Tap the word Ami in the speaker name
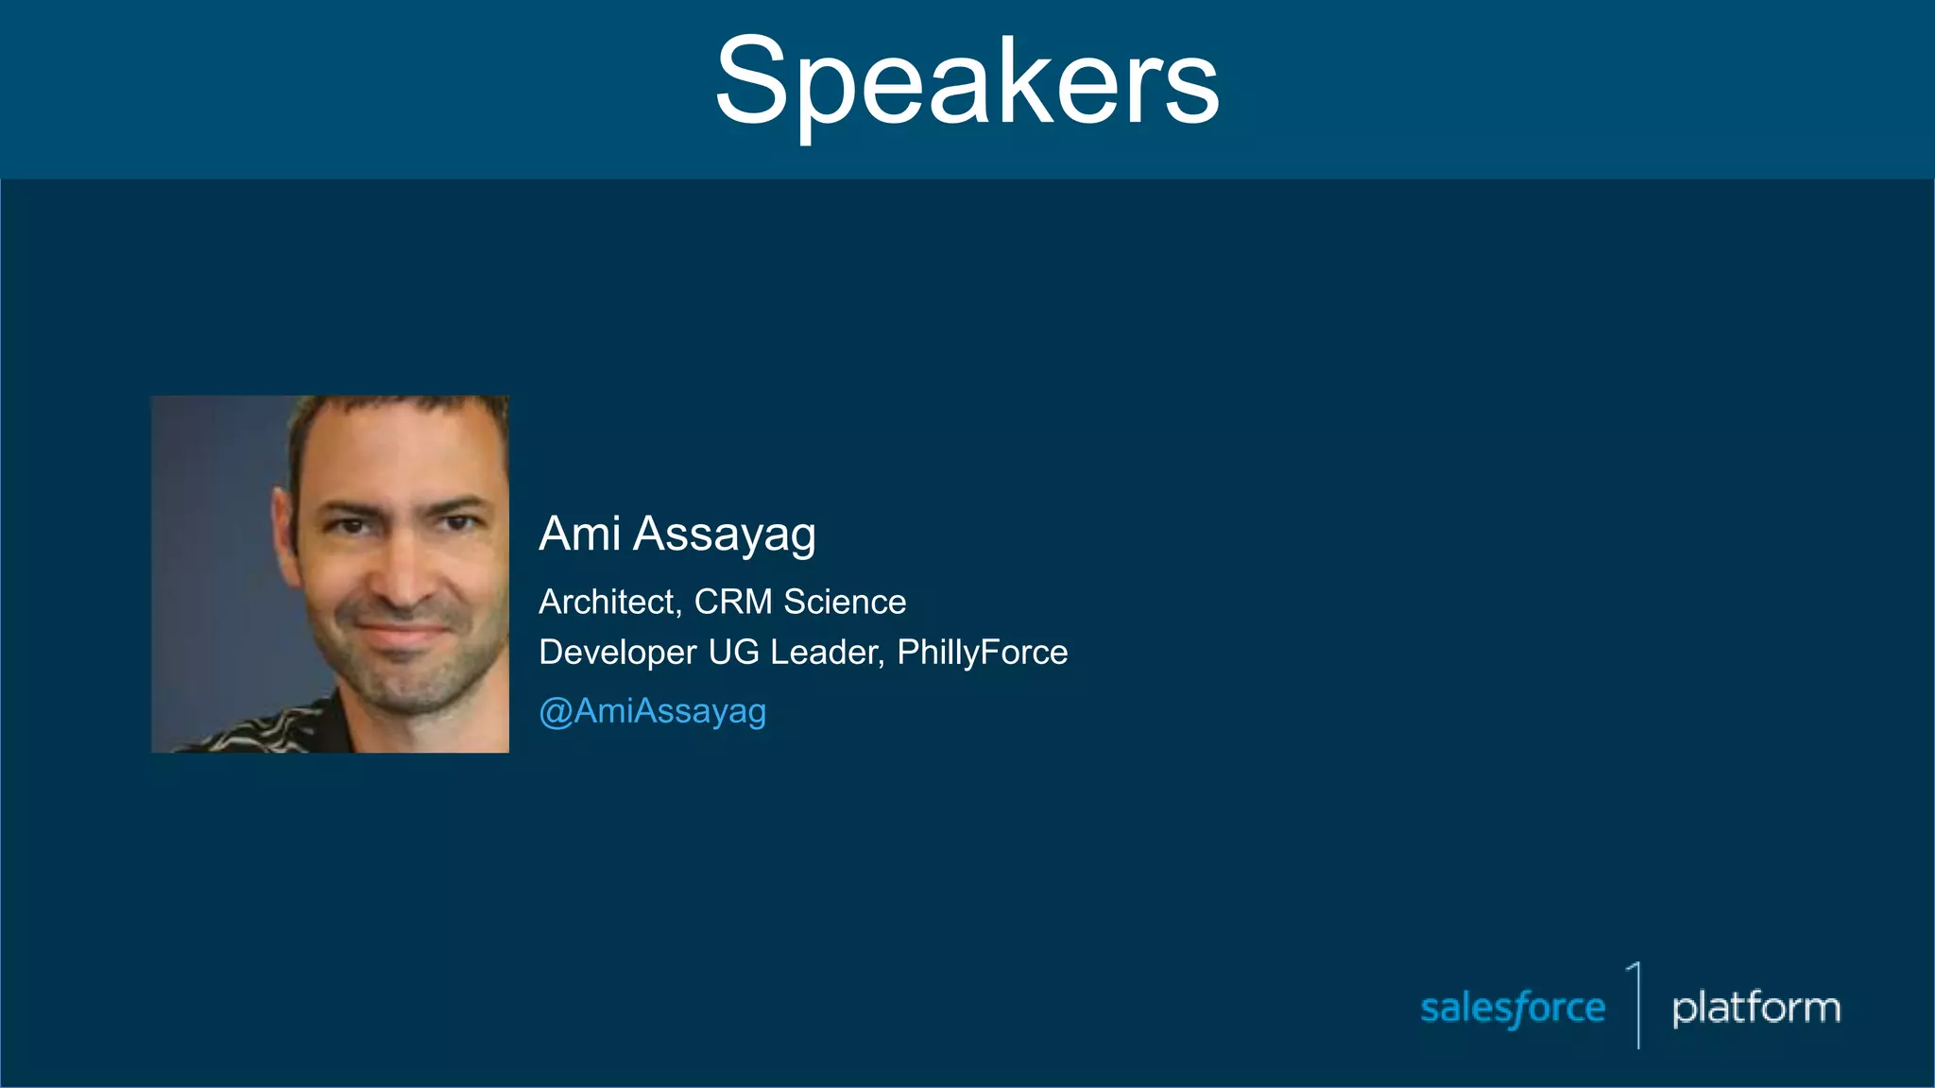579,534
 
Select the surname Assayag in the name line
724,535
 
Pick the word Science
845,602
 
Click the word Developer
618,652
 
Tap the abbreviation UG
733,652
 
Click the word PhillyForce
982,653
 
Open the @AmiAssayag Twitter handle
652,711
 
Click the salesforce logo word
1512,1008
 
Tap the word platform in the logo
1755,1008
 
